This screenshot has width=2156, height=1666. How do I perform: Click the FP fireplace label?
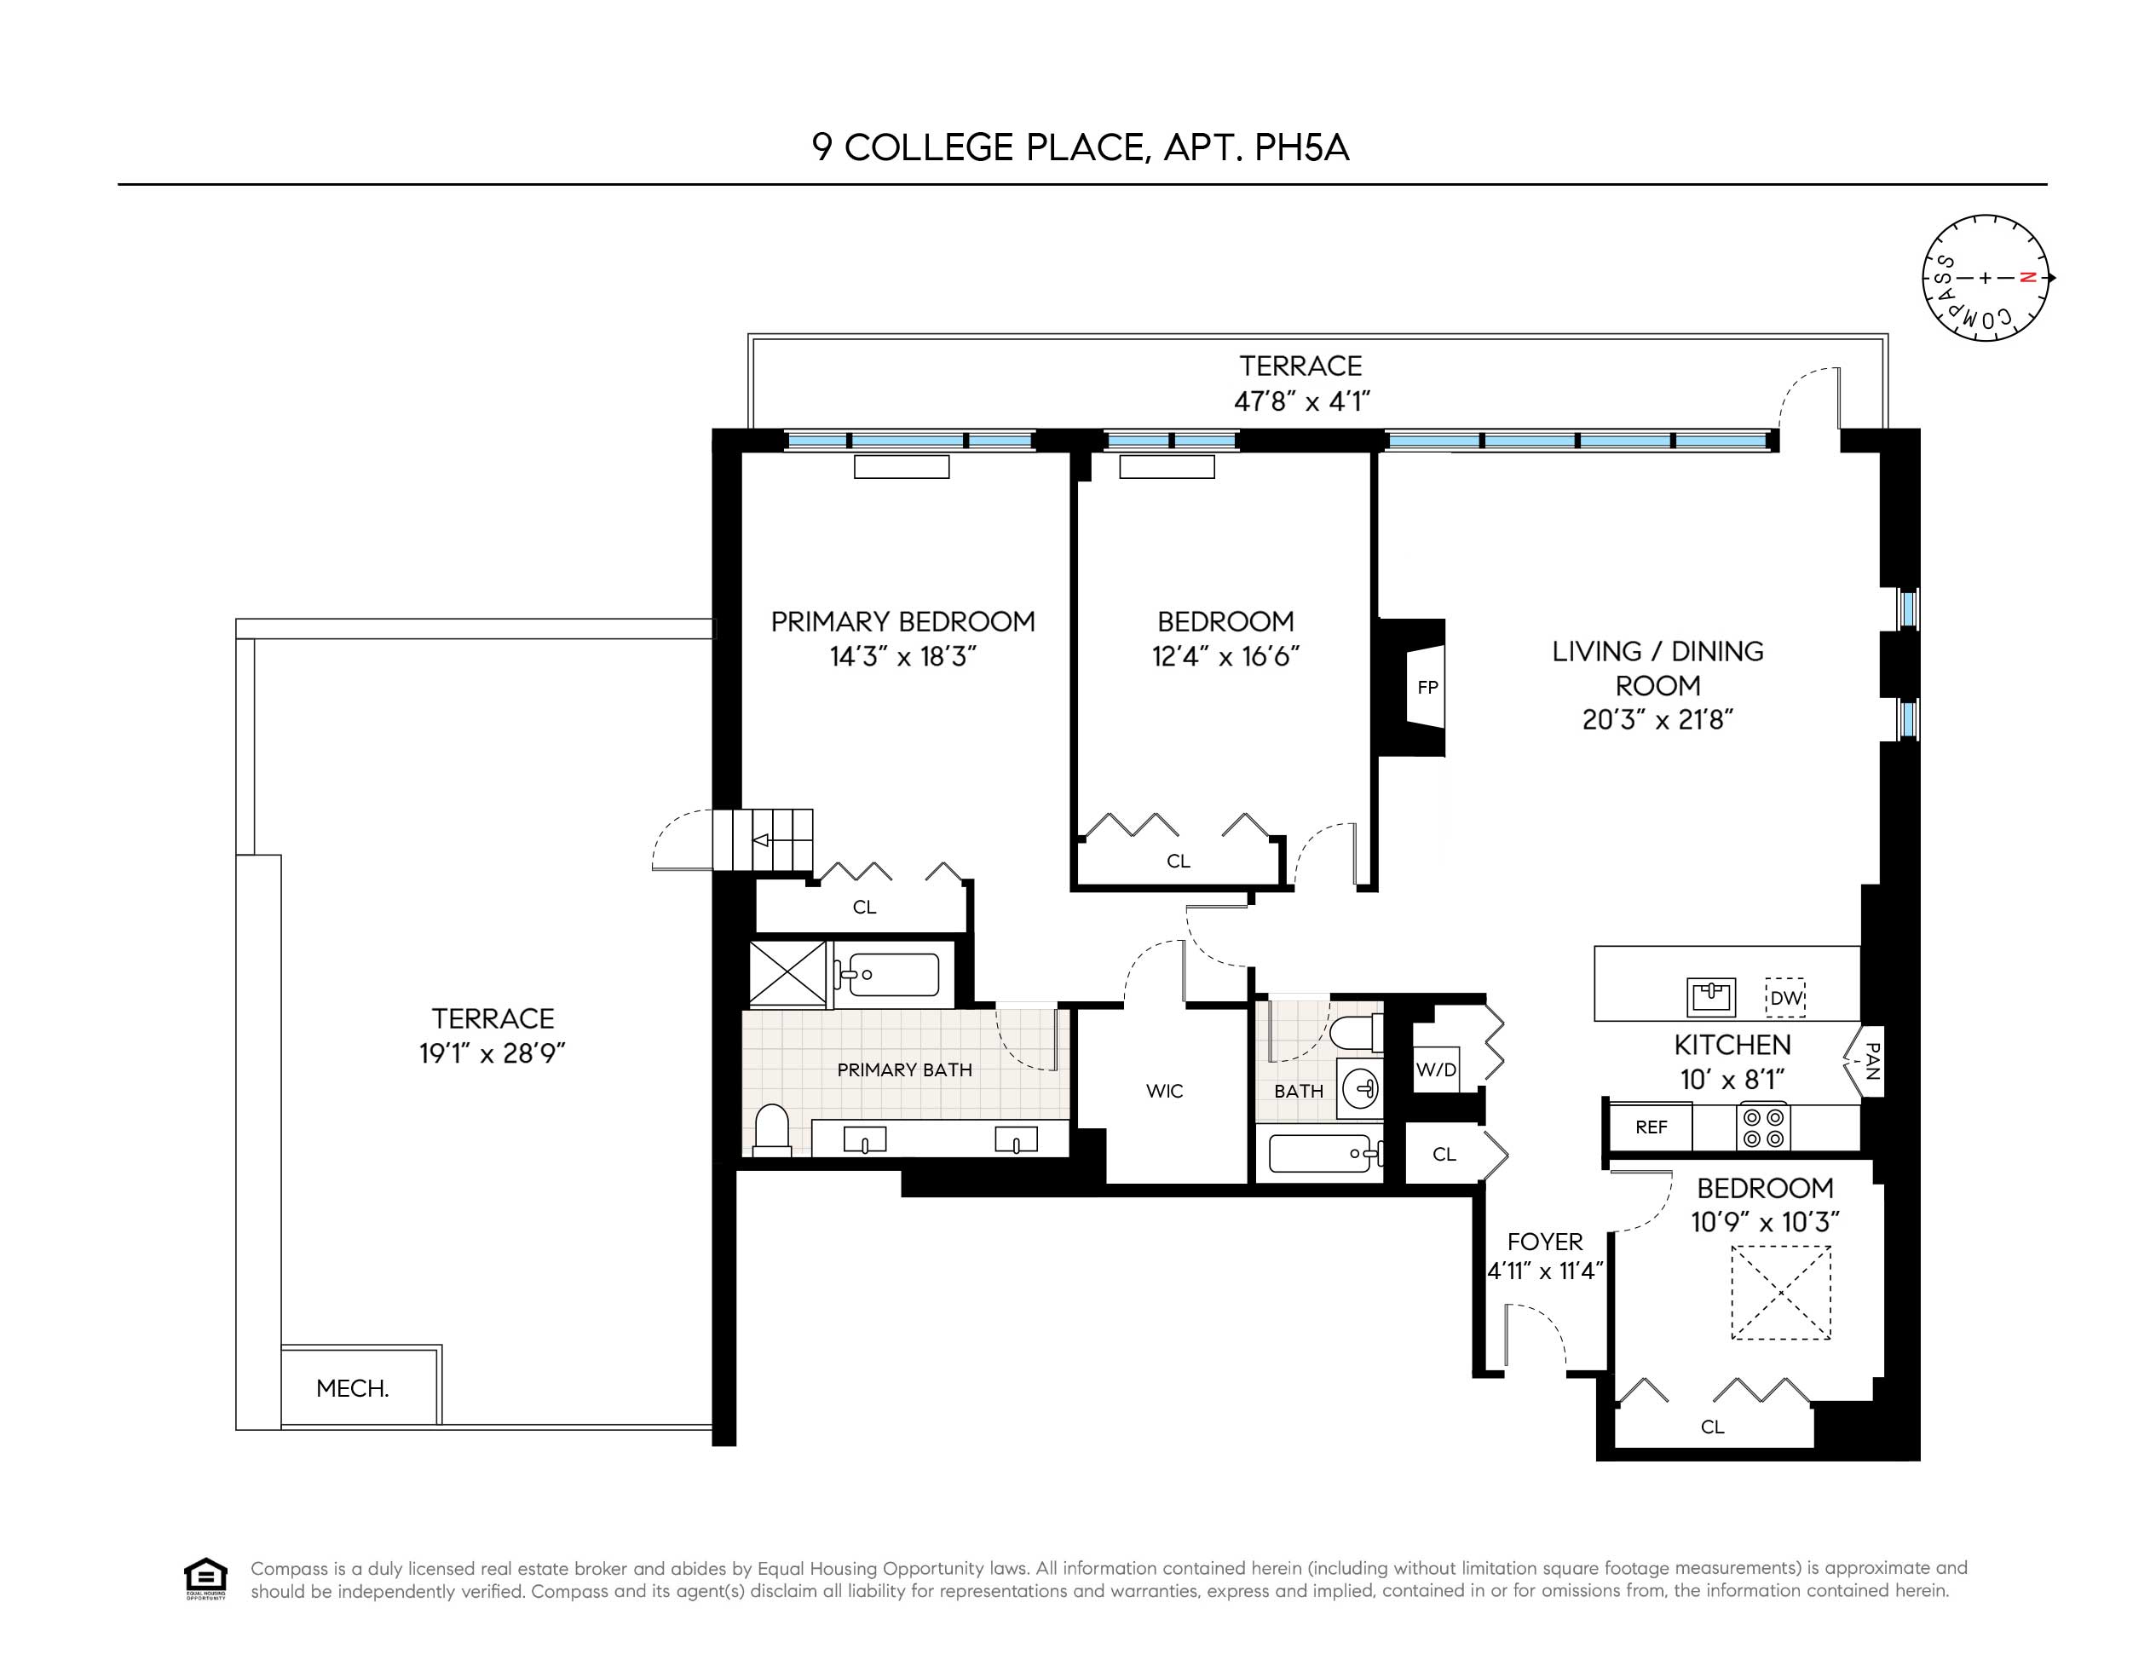(x=1427, y=688)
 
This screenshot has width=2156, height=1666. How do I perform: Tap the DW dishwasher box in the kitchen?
(x=1784, y=998)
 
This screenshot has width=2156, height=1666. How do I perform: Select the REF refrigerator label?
(x=1651, y=1127)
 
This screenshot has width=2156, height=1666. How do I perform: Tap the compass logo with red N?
(x=1986, y=279)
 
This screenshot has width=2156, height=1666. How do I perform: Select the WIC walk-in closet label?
(x=1164, y=1091)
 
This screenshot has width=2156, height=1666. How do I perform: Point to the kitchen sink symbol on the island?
(x=1711, y=997)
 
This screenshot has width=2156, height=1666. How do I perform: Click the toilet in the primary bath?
(x=772, y=1131)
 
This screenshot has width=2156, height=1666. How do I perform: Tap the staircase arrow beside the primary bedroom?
(x=762, y=840)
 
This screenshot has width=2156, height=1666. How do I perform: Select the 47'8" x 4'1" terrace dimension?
(x=1301, y=401)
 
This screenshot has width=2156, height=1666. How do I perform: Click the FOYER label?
(x=1544, y=1242)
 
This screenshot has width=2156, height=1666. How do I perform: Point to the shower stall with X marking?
(x=787, y=974)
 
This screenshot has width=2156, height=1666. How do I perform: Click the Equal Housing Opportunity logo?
(x=205, y=1579)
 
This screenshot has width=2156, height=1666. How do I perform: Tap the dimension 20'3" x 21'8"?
(x=1657, y=720)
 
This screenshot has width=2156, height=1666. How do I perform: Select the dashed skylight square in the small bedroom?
(x=1781, y=1293)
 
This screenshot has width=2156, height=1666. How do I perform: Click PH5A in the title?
(x=1300, y=148)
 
